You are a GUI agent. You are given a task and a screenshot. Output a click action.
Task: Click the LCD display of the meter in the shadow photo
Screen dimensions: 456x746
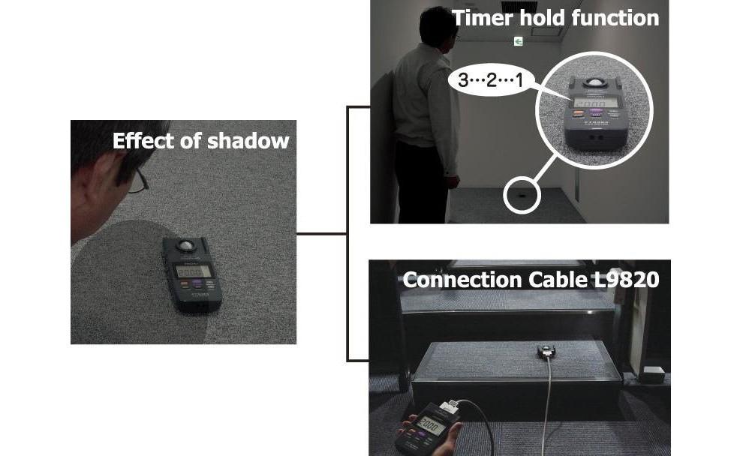click(194, 271)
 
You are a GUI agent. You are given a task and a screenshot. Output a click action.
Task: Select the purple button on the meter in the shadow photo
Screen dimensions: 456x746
click(197, 284)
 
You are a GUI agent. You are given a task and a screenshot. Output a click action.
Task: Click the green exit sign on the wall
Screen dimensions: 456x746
click(518, 41)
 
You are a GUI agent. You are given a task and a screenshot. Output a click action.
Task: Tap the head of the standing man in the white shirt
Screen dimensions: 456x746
click(435, 26)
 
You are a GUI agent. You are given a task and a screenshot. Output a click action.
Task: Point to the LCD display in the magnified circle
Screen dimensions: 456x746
click(594, 103)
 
